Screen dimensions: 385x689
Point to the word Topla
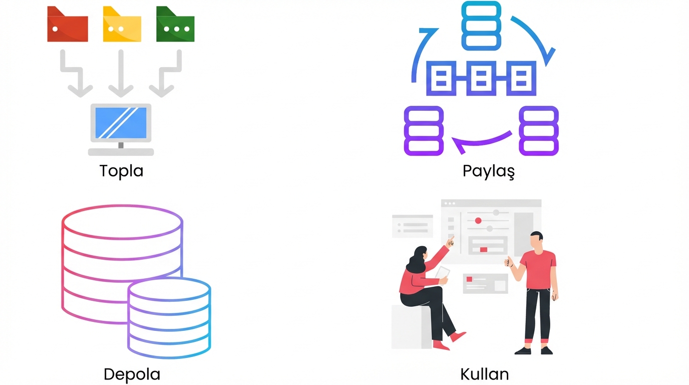pos(121,171)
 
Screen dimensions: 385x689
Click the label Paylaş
pos(488,171)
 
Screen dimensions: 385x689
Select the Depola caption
pos(132,374)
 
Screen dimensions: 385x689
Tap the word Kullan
pos(484,374)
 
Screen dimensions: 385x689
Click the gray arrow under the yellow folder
pos(121,75)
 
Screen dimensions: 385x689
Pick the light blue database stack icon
pos(481,26)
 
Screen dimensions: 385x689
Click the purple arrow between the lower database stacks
pos(481,141)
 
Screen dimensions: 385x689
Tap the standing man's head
pos(537,240)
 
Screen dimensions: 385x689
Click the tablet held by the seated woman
pos(443,273)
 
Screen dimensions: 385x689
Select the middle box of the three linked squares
pos(481,78)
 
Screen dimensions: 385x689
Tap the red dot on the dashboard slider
pos(478,221)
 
